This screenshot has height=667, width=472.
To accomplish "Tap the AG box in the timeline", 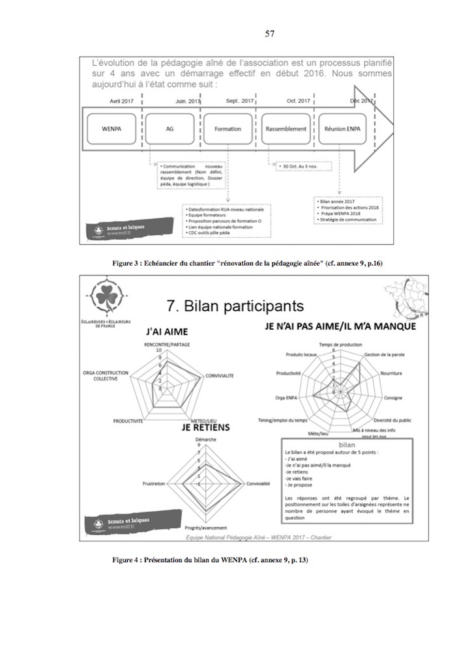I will pyautogui.click(x=169, y=129).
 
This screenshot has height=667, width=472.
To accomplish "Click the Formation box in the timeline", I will pyautogui.click(x=228, y=129).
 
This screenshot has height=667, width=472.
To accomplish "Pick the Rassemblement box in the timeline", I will pyautogui.click(x=286, y=129).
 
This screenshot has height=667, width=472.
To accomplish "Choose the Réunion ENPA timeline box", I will pyautogui.click(x=343, y=129).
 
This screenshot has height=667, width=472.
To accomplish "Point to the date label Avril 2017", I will pyautogui.click(x=123, y=102).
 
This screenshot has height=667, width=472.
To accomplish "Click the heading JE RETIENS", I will pyautogui.click(x=204, y=427).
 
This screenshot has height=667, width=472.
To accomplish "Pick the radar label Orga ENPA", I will pyautogui.click(x=288, y=397).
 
